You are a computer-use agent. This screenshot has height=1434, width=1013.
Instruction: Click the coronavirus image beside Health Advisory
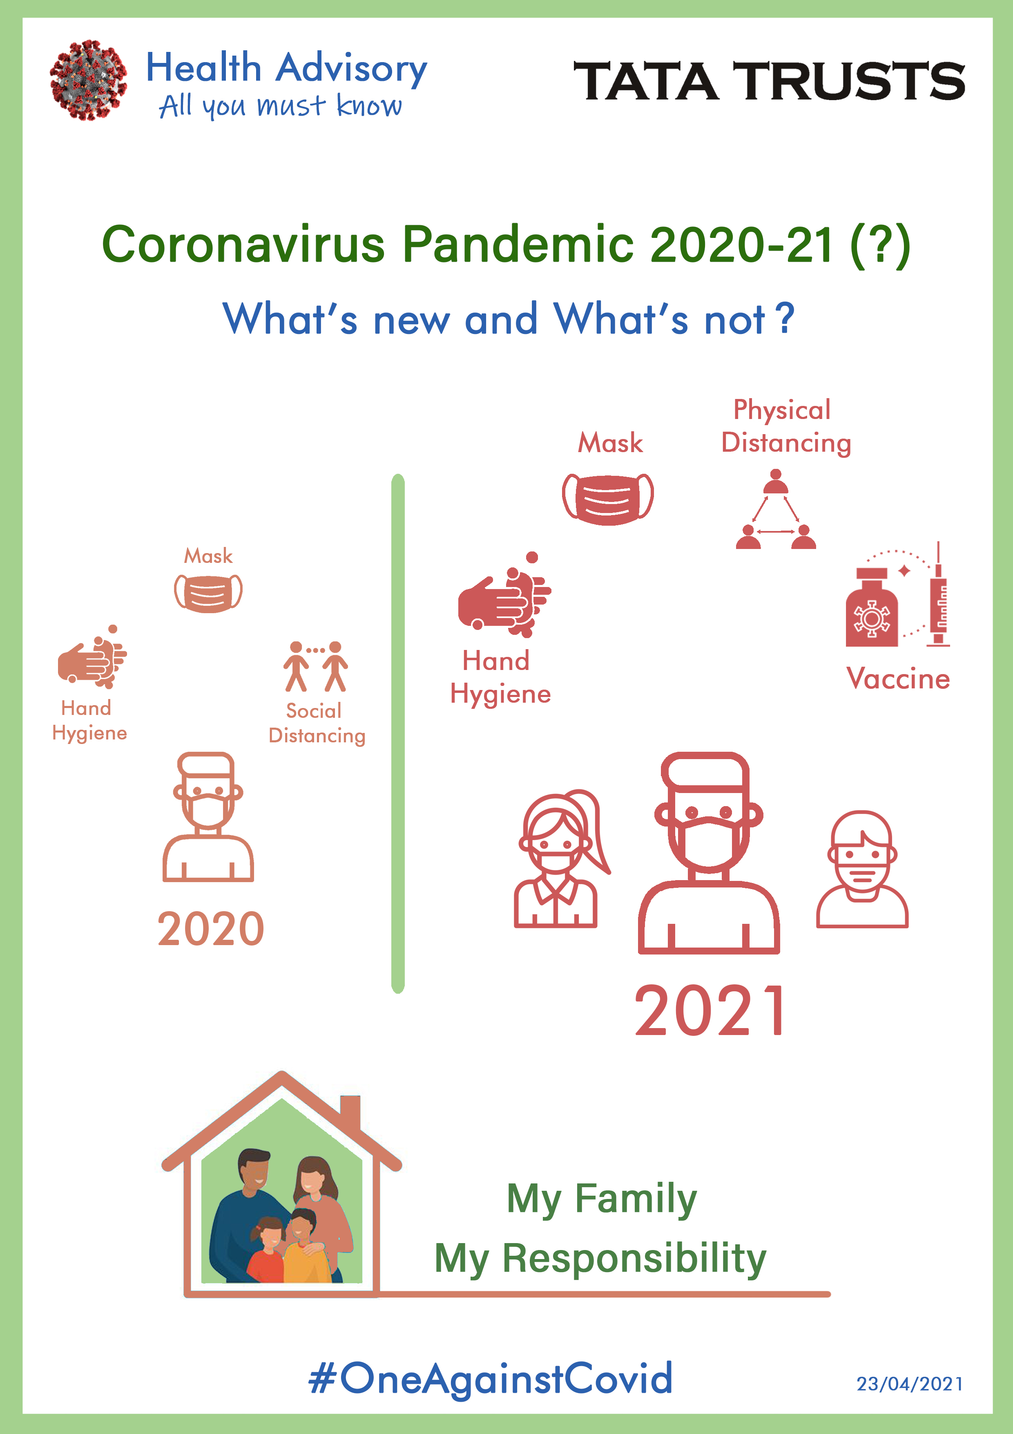tap(89, 80)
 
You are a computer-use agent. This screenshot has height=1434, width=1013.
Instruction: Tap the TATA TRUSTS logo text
tap(769, 81)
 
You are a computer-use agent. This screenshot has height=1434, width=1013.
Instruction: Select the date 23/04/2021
tap(909, 1384)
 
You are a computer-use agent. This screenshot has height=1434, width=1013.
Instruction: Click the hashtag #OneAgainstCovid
tap(491, 1379)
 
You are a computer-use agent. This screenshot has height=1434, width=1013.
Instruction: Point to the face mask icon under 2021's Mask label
tap(608, 499)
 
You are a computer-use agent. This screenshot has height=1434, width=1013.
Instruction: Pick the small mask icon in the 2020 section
tap(208, 593)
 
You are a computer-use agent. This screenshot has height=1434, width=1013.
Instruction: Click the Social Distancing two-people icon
tap(316, 666)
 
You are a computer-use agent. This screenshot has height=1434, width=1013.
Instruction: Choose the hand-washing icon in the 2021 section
tap(504, 595)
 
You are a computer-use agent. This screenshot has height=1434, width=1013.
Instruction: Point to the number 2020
tap(211, 929)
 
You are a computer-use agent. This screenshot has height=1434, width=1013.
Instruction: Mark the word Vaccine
tap(898, 679)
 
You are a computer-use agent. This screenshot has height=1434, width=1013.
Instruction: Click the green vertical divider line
tap(398, 733)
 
